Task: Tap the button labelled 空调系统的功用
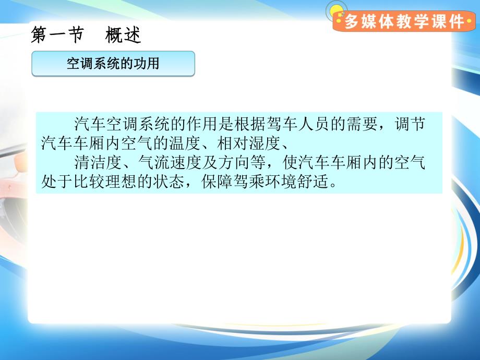[x=113, y=64]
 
